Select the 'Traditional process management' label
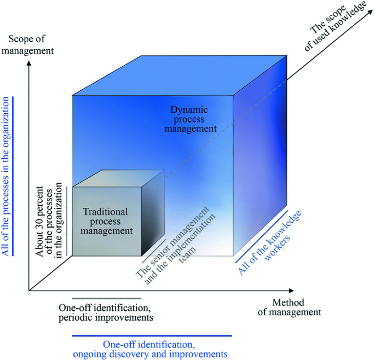point(107,220)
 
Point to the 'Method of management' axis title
point(296,307)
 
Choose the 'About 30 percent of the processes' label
point(49,222)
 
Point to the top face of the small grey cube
point(118,178)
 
